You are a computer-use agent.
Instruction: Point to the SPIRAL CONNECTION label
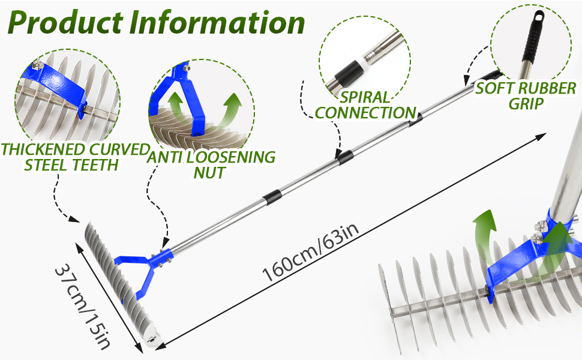tap(365, 104)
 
